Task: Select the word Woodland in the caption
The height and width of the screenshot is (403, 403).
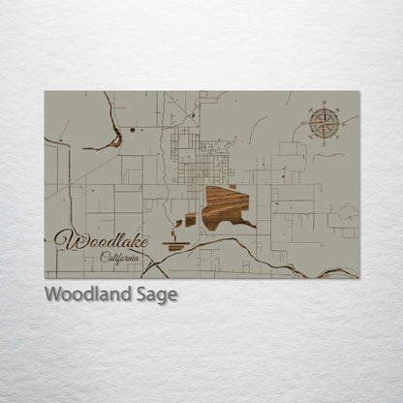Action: click(x=87, y=294)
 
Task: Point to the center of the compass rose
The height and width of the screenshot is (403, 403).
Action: click(x=325, y=123)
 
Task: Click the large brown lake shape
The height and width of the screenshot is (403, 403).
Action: click(x=224, y=206)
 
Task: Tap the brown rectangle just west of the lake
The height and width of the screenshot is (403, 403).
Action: click(x=190, y=220)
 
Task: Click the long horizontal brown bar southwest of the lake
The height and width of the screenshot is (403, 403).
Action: click(x=176, y=247)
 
